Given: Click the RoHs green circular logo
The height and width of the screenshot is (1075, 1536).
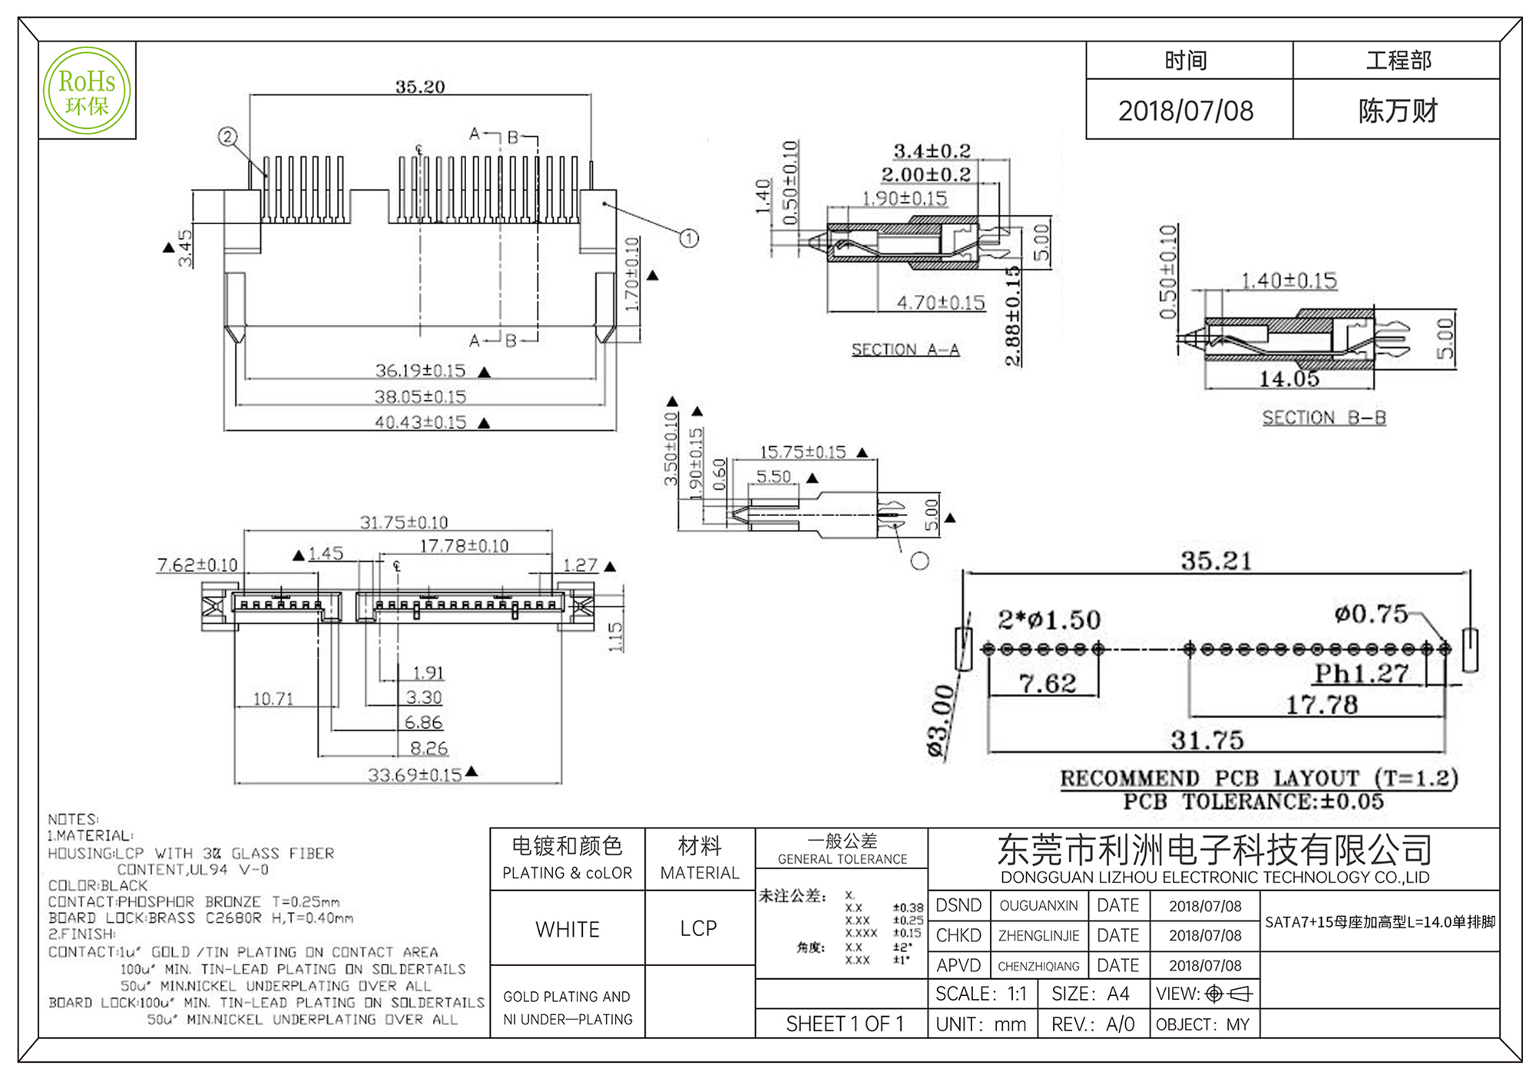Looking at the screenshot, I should (x=87, y=91).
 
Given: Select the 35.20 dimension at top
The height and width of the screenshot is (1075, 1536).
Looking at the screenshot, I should (x=419, y=87).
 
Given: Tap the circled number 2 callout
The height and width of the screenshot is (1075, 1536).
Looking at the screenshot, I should (x=227, y=137).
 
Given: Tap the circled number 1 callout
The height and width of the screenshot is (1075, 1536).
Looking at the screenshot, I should (x=689, y=238).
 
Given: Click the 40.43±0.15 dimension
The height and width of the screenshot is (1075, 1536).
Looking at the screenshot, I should (x=420, y=422).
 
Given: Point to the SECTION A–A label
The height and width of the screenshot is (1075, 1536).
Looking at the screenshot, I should (x=905, y=350).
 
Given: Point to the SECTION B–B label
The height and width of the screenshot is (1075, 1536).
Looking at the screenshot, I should (x=1324, y=418).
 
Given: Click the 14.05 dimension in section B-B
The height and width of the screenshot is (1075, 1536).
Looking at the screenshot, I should (x=1289, y=379).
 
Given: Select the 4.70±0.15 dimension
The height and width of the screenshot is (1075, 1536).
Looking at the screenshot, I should (x=941, y=303).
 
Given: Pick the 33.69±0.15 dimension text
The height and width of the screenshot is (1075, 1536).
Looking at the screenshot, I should (x=415, y=775).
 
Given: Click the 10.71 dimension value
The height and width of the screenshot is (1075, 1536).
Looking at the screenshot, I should (x=273, y=699).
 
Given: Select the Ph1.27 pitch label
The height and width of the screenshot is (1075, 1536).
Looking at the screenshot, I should (x=1361, y=673).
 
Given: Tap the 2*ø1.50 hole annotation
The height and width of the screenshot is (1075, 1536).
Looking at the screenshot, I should (x=1049, y=620).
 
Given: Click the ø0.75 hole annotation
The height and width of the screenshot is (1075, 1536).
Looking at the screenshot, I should (x=1371, y=614).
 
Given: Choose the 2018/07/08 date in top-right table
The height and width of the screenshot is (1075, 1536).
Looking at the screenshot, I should (x=1186, y=111).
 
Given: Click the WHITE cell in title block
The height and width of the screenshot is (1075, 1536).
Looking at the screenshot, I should (x=567, y=929).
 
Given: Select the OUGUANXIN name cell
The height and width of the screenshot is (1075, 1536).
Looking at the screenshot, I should (x=1038, y=906).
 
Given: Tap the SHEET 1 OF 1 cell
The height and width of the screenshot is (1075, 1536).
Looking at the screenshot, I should (x=844, y=1024).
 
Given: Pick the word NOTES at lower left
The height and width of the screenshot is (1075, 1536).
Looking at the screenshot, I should (x=73, y=819).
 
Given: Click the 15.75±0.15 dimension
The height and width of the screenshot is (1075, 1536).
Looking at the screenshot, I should (x=803, y=452).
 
